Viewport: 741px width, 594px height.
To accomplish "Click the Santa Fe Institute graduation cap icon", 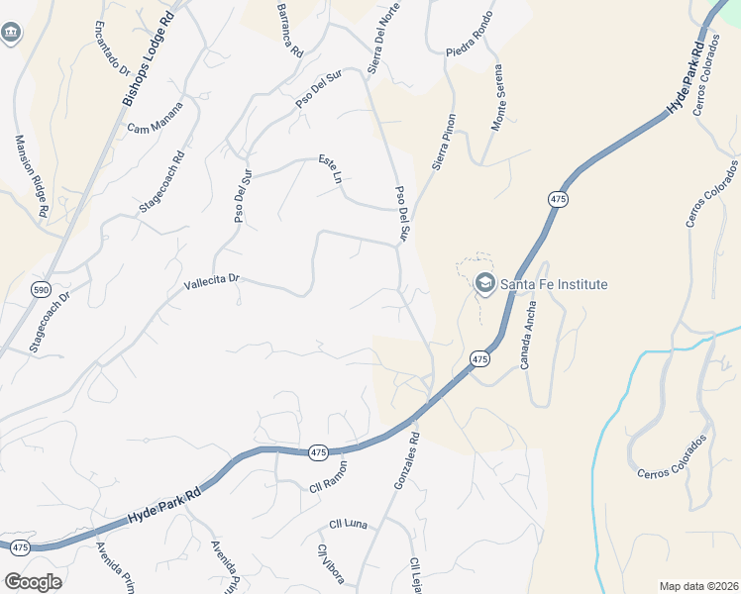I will click(484, 284).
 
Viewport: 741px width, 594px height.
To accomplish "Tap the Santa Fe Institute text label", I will click(553, 284).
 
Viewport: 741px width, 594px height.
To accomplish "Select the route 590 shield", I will click(41, 289).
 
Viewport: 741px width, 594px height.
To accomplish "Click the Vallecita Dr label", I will click(212, 282).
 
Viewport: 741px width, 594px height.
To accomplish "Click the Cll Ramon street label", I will click(328, 476).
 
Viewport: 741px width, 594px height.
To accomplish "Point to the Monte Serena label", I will click(502, 105).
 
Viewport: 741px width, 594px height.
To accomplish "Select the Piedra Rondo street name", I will click(469, 51).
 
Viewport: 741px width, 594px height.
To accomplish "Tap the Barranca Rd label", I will click(289, 30).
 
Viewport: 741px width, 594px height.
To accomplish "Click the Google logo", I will click(33, 581).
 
